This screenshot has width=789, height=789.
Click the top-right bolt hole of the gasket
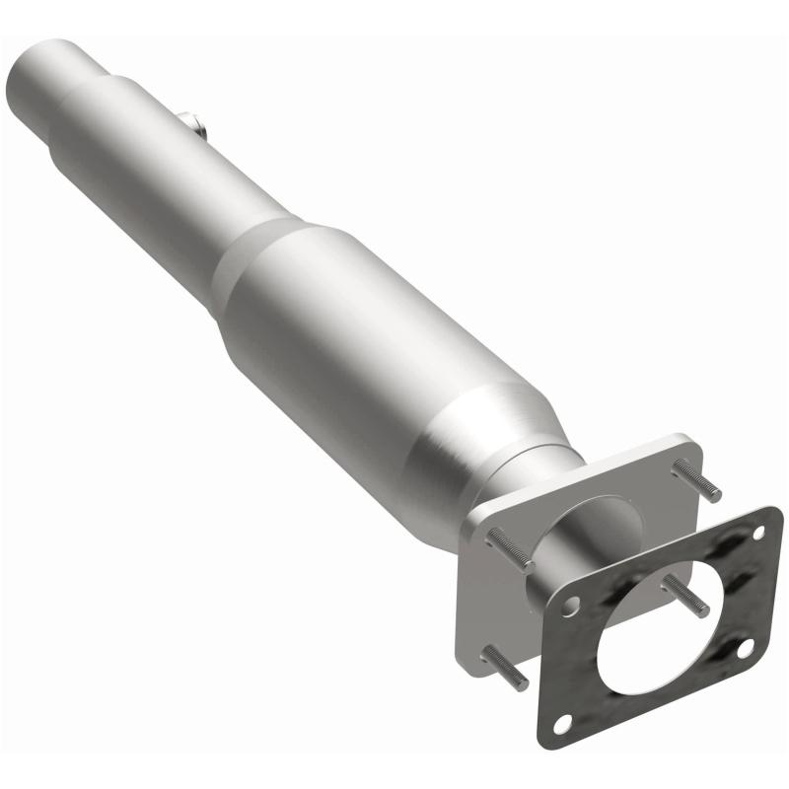pyautogui.click(x=760, y=534)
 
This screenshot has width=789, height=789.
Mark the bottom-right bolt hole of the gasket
pyautogui.click(x=744, y=646)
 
